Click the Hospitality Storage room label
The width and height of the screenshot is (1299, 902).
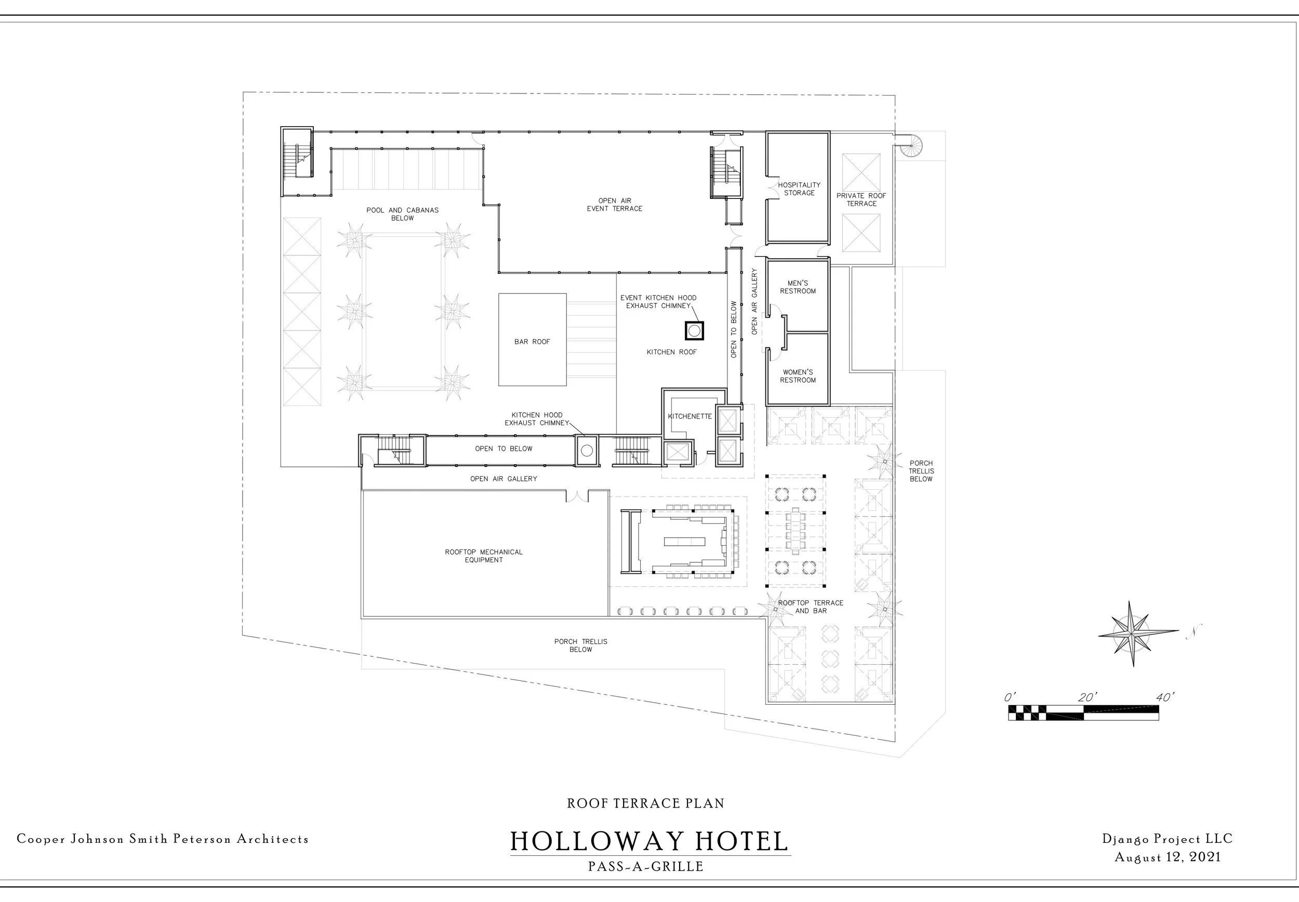pos(799,189)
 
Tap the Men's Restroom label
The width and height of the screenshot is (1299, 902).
pos(798,287)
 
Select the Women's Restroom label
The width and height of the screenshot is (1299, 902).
pos(798,376)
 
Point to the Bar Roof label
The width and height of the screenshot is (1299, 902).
pos(532,342)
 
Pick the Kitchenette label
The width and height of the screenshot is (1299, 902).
pos(690,416)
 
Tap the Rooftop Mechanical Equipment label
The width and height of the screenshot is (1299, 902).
pos(484,556)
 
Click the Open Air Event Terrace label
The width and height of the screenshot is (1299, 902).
pos(614,205)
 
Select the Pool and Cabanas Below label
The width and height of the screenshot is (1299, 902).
pos(402,213)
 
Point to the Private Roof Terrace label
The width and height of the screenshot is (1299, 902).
pos(861,199)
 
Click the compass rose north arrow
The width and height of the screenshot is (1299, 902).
pos(1131,634)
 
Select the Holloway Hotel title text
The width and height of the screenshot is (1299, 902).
pos(648,842)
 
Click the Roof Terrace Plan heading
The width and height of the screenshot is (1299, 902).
pos(645,803)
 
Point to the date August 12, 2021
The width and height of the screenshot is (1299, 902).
pos(1167,857)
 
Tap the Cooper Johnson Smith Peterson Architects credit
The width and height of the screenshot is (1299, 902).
pos(163,839)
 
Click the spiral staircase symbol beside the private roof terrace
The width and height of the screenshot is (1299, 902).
pos(910,145)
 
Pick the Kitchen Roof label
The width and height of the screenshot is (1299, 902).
pos(671,352)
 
